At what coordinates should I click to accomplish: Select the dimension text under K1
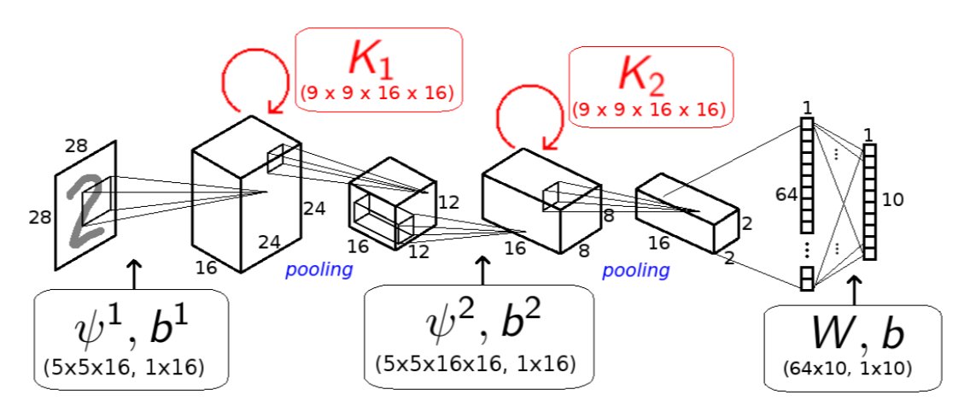pos(377,93)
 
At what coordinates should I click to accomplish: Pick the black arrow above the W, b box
pos(856,286)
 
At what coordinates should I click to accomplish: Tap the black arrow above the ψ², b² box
pos(482,269)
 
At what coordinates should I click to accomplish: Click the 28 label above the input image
pos(77,145)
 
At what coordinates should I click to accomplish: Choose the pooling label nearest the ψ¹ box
pos(319,271)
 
